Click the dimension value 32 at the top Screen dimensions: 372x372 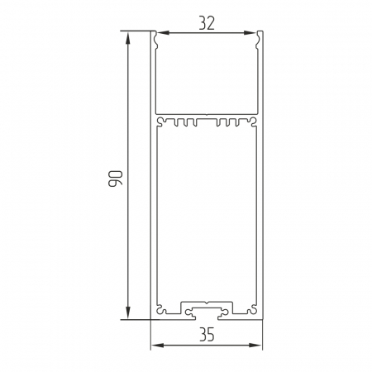pyautogui.click(x=207, y=23)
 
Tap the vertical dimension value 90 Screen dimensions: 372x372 pyautogui.click(x=115, y=179)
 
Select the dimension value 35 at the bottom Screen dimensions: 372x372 pyautogui.click(x=207, y=335)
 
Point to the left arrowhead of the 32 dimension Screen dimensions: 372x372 pyautogui.click(x=163, y=33)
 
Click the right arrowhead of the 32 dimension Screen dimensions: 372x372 pyautogui.click(x=250, y=33)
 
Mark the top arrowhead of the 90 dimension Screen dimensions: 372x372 pyautogui.click(x=127, y=38)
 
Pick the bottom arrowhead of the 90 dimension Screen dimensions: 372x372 pyautogui.click(x=127, y=312)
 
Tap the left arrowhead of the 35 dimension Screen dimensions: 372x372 pyautogui.click(x=158, y=345)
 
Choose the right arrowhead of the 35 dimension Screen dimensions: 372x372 pyautogui.click(x=255, y=345)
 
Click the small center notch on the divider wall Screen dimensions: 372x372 pyautogui.click(x=207, y=113)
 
